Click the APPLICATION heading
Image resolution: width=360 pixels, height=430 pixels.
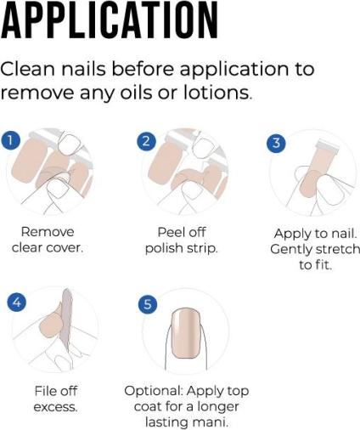pyautogui.click(x=110, y=20)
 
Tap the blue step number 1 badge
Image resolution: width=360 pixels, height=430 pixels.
pyautogui.click(x=10, y=140)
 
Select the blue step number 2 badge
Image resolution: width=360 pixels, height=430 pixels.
pyautogui.click(x=146, y=141)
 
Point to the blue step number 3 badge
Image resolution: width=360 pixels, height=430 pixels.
pyautogui.click(x=276, y=143)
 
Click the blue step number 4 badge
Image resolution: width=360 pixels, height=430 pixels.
pyautogui.click(x=17, y=302)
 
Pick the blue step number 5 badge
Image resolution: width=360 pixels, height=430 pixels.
pyautogui.click(x=148, y=303)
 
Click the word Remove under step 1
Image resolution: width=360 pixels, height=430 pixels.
pyautogui.click(x=48, y=232)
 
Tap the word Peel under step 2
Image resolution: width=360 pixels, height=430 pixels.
pyautogui.click(x=169, y=232)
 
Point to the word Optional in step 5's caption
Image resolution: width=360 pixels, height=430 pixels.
pyautogui.click(x=154, y=391)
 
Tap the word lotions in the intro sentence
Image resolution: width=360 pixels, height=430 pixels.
pyautogui.click(x=217, y=93)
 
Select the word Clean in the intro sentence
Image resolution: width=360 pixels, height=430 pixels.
pyautogui.click(x=28, y=69)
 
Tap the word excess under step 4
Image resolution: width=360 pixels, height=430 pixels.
pyautogui.click(x=55, y=407)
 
